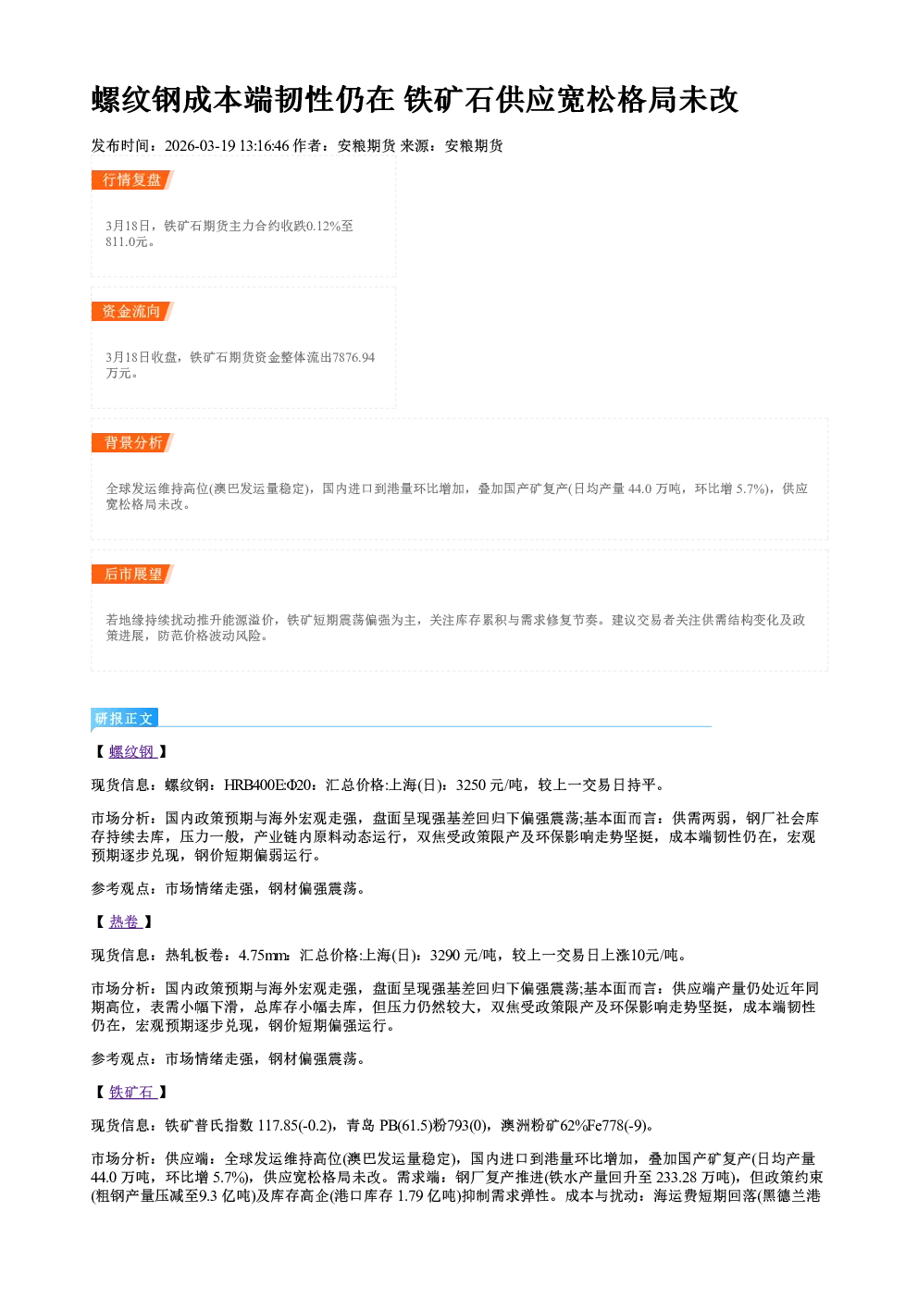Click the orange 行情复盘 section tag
132,179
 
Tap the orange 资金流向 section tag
132,311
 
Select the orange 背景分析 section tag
132,443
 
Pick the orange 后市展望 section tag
132,575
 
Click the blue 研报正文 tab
125,719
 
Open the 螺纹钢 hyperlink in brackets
132,752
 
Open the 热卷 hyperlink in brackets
126,922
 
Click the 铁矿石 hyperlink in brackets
132,1093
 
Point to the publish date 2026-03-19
200,146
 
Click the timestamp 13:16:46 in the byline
265,146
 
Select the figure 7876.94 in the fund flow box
354,357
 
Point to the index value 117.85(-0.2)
295,1126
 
